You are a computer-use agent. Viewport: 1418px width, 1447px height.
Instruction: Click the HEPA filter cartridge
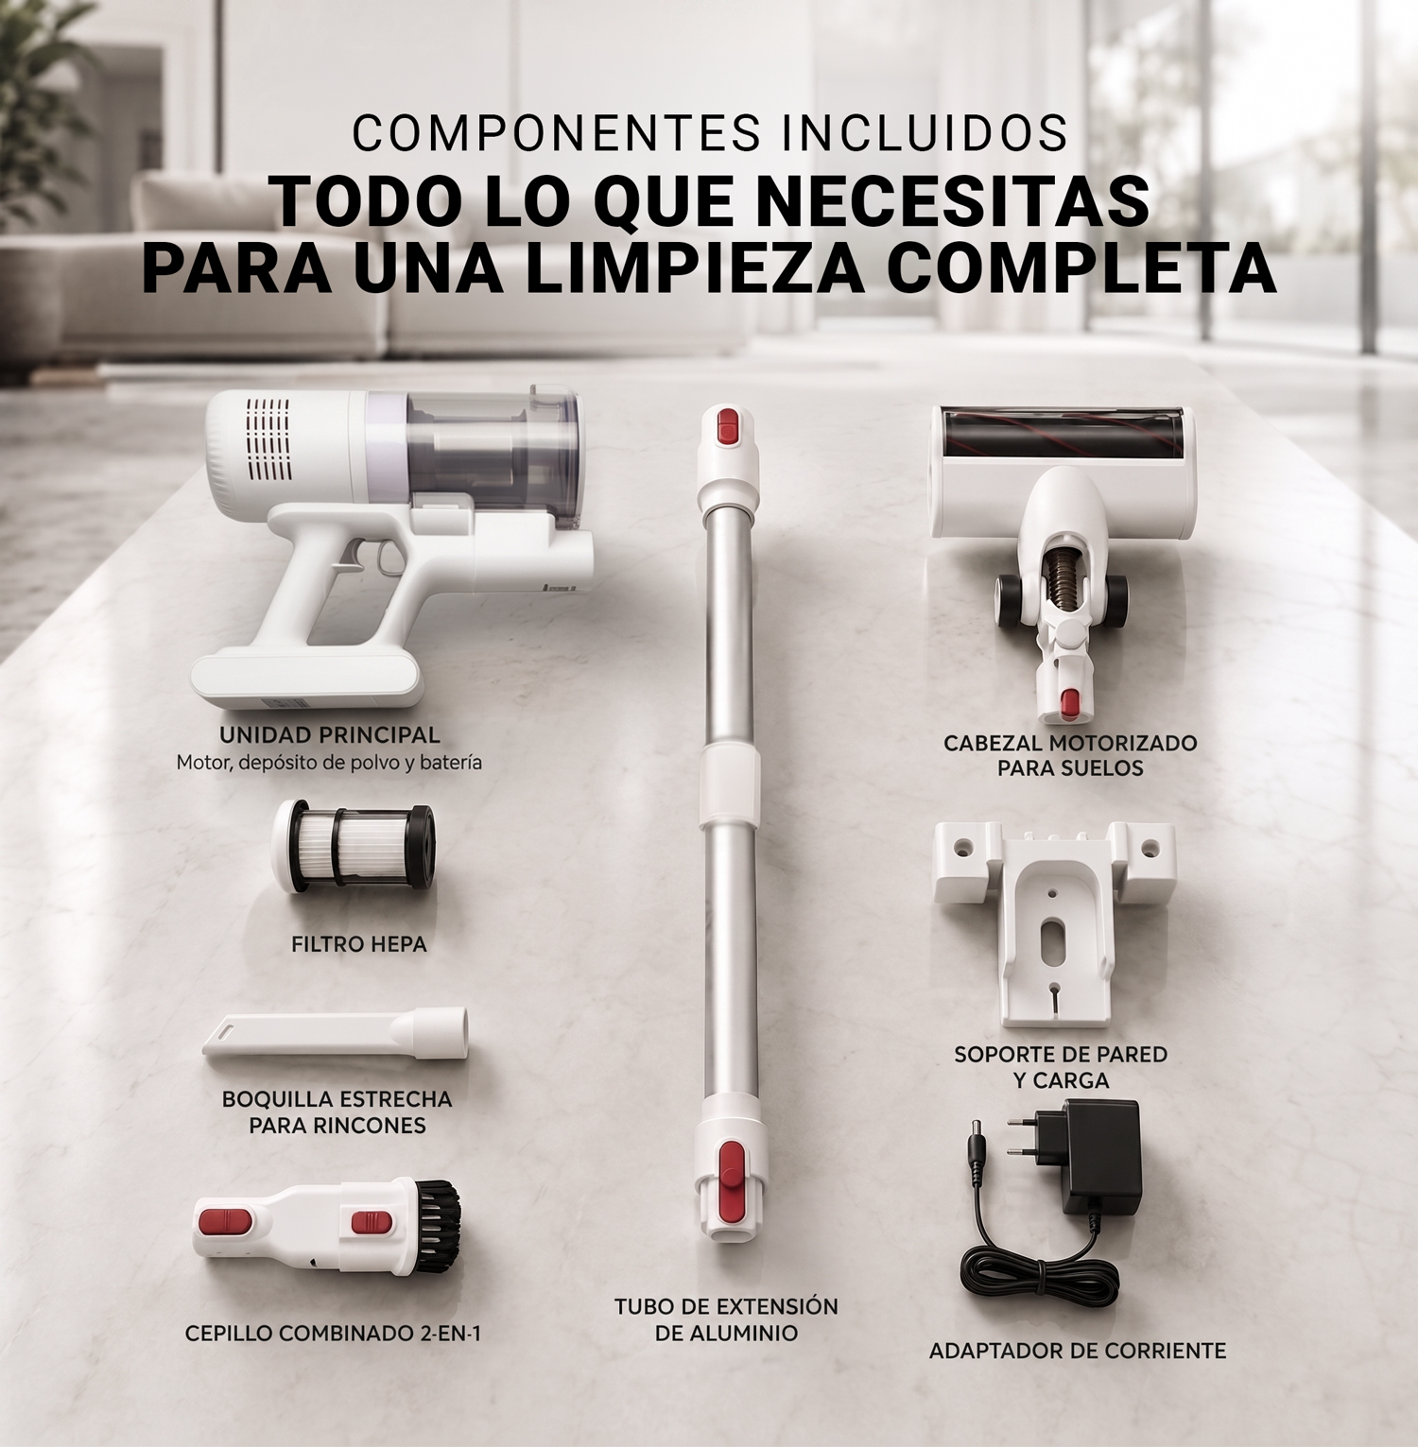(354, 847)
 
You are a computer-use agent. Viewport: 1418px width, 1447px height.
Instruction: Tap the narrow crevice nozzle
(336, 1033)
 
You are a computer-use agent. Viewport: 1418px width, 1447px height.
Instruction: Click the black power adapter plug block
(1101, 1159)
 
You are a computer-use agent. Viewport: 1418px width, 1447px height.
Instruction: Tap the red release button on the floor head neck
(1070, 702)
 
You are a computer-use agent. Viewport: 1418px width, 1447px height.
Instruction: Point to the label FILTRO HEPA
(359, 944)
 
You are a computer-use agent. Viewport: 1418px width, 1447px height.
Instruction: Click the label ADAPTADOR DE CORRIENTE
(1078, 1351)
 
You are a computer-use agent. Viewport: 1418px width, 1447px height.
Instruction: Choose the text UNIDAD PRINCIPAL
(330, 734)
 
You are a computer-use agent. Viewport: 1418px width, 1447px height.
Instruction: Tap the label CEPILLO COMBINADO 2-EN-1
(333, 1334)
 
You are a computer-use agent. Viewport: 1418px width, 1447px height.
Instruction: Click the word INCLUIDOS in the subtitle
(925, 133)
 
